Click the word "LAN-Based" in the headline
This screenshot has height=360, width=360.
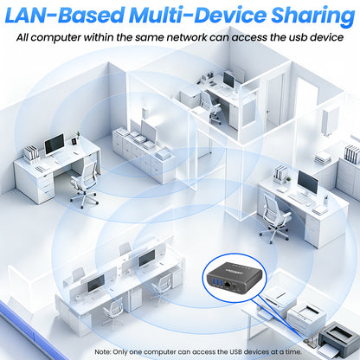point(65,15)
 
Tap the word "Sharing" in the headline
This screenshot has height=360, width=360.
point(313,16)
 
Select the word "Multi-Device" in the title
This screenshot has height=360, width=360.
point(198,15)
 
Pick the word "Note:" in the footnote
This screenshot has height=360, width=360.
point(103,352)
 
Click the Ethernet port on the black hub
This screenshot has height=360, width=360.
point(228,285)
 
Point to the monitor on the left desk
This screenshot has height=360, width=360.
point(55,145)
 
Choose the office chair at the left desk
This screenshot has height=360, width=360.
point(84,184)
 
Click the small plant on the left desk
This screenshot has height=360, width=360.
point(78,135)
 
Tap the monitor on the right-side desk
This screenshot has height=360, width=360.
point(308,183)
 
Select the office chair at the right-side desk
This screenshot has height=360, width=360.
point(274,217)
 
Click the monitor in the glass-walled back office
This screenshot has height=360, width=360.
point(229,80)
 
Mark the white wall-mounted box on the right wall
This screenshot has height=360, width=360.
point(331,121)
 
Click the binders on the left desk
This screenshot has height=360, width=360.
point(30,153)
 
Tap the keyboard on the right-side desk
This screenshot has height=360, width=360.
point(297,198)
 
